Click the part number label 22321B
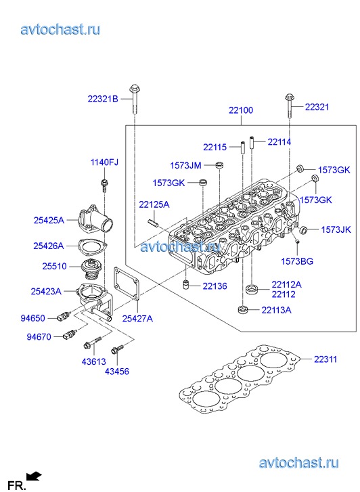[x=103, y=99]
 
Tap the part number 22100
[x=241, y=110]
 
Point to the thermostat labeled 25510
[x=91, y=269]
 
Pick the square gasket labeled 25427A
[x=126, y=285]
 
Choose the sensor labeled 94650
[x=64, y=317]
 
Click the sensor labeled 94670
[x=70, y=334]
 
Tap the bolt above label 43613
[x=93, y=342]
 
